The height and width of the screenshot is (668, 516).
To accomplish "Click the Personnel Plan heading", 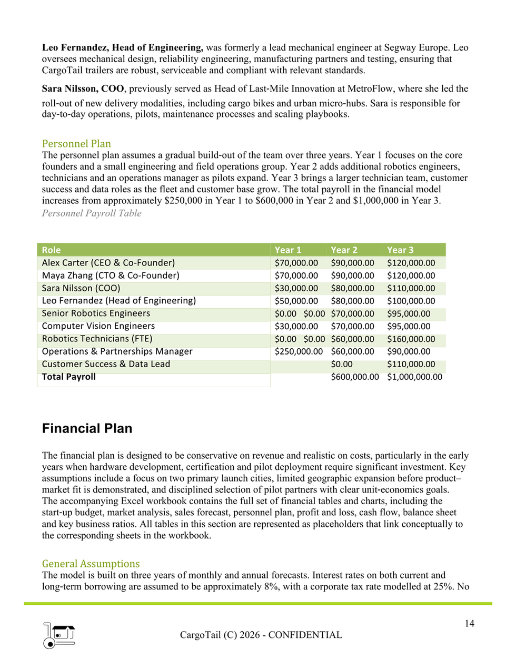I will point(76,144).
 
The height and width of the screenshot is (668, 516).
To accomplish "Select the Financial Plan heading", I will point(87,428).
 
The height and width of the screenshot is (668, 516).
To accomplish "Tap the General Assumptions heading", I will point(91,564).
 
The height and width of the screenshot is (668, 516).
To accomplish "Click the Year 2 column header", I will point(344,250).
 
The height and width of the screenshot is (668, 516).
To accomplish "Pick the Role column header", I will point(52,250).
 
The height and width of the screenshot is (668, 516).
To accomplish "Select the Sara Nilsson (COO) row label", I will point(81,288).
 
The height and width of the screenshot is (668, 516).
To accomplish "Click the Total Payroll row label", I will point(69,377).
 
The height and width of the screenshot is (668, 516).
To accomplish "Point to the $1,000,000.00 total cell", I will point(414,377).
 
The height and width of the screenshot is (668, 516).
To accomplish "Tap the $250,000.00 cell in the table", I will point(299,351).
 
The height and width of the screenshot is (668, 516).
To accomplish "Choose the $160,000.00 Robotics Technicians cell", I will point(411,339).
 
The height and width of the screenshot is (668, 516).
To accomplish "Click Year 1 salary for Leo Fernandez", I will point(296,301).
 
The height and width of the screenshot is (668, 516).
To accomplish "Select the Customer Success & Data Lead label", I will point(106,364).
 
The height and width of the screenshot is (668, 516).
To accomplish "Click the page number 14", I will point(469,623).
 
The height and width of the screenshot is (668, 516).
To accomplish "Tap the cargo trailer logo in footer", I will point(59,635).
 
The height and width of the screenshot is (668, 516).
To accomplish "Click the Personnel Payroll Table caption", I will point(92,213).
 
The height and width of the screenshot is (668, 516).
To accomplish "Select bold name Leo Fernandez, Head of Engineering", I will point(122,47).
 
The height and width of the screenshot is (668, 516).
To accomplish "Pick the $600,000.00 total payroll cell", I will point(354,377).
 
